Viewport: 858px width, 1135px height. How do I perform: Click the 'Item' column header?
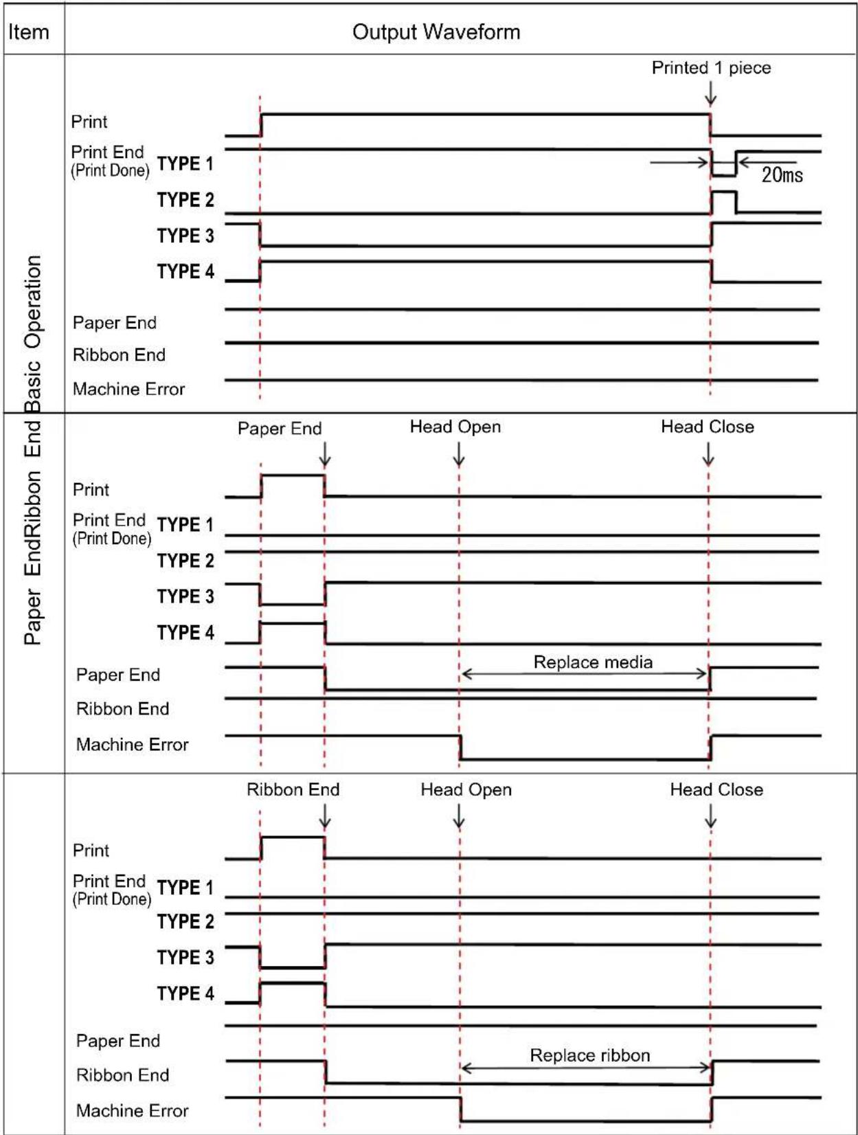tap(28, 32)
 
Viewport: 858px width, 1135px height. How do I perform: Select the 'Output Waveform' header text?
tap(436, 32)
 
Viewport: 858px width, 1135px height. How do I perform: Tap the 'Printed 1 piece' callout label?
tap(711, 68)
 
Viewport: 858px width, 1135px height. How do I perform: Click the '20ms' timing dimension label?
tap(782, 175)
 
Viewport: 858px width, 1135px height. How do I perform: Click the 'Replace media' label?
tap(592, 662)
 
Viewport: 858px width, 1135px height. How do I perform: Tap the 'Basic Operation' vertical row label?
tap(32, 333)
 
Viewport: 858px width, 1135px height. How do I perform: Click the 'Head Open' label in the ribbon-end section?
tap(466, 789)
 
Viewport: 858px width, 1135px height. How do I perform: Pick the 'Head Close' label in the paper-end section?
tap(707, 427)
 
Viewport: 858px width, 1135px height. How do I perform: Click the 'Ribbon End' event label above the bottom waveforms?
tap(293, 789)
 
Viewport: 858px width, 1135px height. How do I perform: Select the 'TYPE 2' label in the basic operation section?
tap(185, 200)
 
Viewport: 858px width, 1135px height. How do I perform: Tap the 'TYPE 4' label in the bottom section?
tap(185, 993)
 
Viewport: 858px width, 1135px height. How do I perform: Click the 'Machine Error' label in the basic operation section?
tap(128, 389)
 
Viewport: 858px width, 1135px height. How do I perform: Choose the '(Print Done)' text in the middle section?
tap(111, 539)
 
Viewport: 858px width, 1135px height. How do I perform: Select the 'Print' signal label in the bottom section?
tap(91, 850)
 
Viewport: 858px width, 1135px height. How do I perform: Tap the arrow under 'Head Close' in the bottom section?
tap(711, 818)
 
